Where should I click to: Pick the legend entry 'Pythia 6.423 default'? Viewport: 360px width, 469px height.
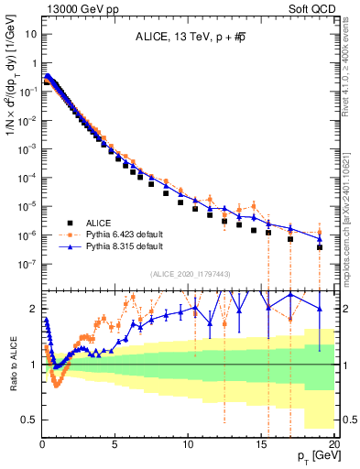click(x=124, y=234)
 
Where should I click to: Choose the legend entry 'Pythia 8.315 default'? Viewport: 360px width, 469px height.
click(x=124, y=246)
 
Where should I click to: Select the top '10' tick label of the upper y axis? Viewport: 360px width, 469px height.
click(x=30, y=33)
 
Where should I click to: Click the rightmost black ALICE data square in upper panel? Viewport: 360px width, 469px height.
click(x=320, y=247)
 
